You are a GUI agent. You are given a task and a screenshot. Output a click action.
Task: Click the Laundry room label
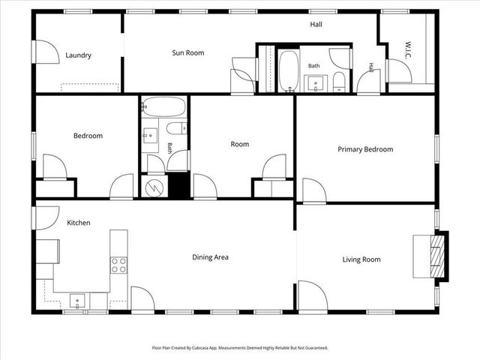[78, 55]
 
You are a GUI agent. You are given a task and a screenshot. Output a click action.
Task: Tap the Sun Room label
[188, 52]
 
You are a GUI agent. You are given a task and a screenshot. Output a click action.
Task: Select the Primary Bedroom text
[365, 149]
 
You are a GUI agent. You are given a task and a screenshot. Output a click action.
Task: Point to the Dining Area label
[210, 257]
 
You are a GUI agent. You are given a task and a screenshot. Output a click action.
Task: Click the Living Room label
[361, 259]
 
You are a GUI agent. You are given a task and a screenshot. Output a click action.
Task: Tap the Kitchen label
[79, 223]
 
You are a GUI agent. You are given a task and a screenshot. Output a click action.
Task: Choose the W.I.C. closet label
[408, 50]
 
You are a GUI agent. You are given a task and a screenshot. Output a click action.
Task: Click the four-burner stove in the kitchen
[118, 265]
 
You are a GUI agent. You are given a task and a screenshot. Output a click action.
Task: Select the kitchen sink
[76, 301]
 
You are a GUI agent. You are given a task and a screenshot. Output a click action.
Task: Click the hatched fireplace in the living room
[436, 256]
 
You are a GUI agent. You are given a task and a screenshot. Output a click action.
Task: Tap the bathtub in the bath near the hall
[289, 71]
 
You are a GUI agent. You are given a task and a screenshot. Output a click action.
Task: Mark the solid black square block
[178, 185]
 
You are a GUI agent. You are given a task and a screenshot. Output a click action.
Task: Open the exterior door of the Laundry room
[46, 52]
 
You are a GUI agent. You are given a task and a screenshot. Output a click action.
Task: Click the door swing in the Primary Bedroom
[314, 190]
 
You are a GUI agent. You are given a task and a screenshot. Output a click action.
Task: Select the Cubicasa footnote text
[240, 348]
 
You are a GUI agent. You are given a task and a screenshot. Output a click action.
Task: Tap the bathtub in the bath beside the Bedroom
[164, 107]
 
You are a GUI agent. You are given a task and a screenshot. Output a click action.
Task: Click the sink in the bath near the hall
[316, 83]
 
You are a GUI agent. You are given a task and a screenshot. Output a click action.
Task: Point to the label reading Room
[240, 144]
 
